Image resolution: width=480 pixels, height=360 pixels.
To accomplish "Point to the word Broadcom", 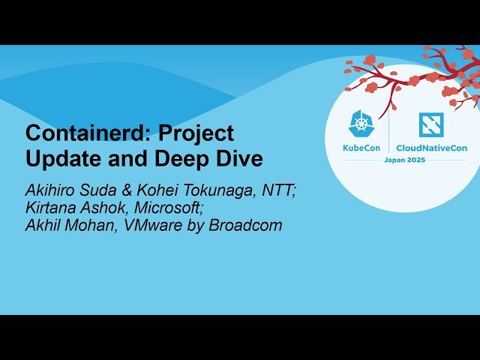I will click(x=245, y=225).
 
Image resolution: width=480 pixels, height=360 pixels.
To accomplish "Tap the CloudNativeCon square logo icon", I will click(x=431, y=124).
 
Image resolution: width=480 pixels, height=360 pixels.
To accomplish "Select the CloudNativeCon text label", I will click(x=431, y=148).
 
